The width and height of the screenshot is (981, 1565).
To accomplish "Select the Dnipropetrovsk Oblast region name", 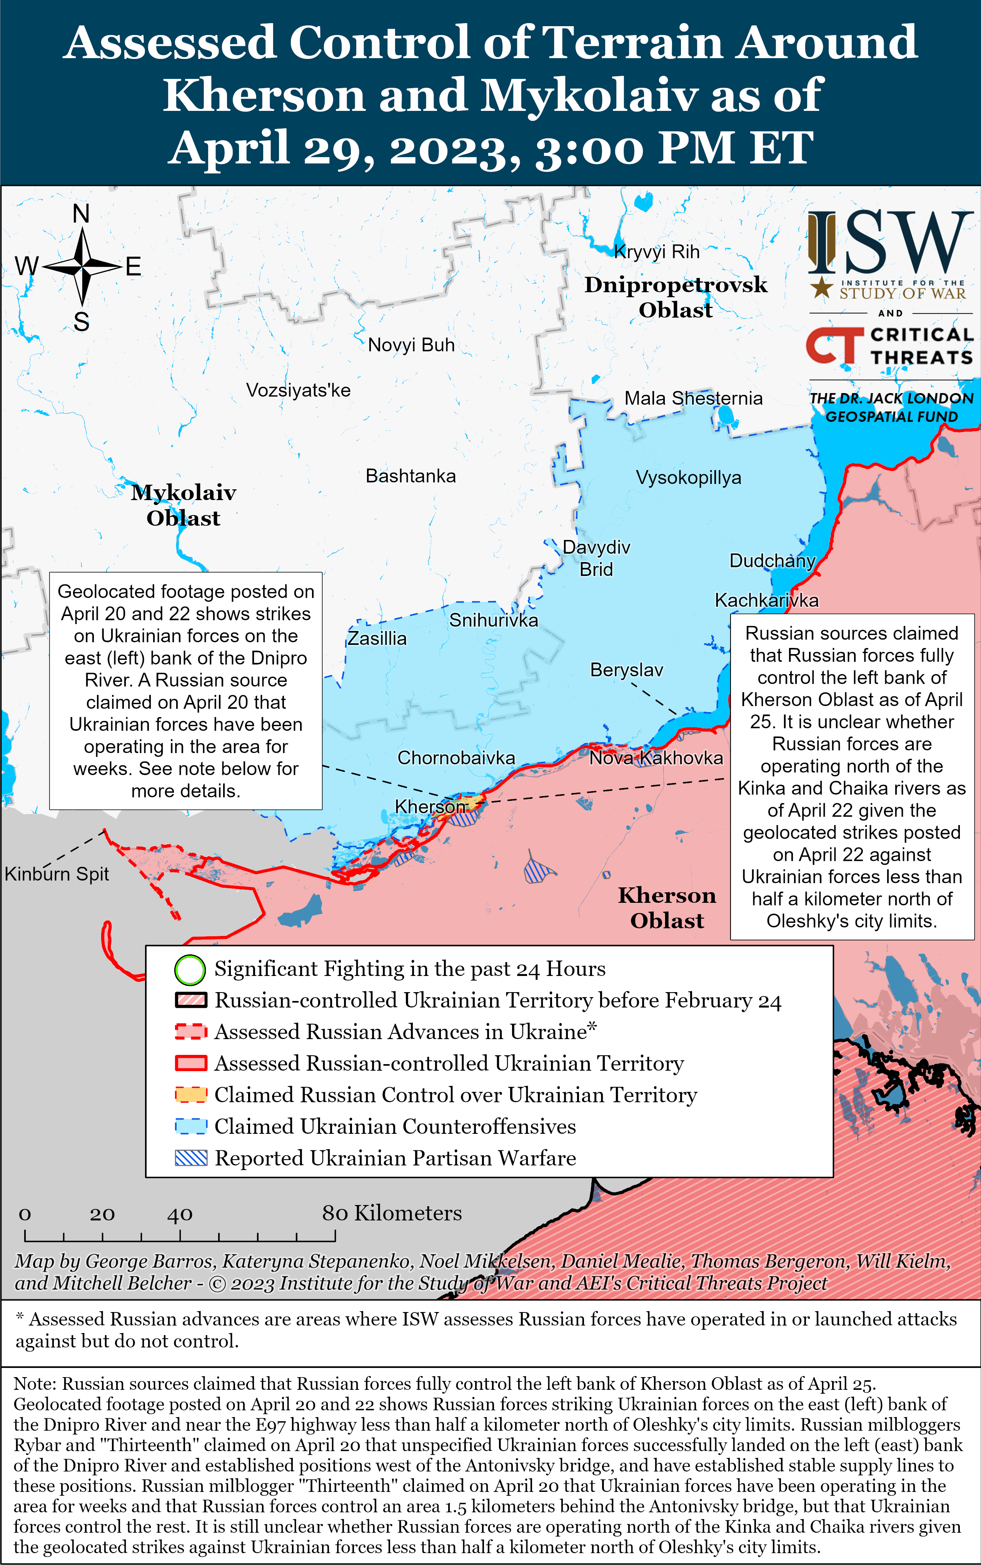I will [x=676, y=297].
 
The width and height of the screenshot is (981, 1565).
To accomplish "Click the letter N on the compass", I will [x=81, y=214].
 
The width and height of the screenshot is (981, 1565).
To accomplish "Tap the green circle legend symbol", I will [x=190, y=970].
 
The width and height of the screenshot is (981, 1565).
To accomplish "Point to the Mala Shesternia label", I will [x=693, y=398].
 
